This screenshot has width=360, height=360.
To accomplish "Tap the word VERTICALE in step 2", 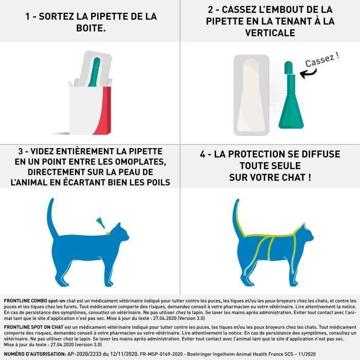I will tap(269, 32).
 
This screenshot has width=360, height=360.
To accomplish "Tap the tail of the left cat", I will tap(52, 216).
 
